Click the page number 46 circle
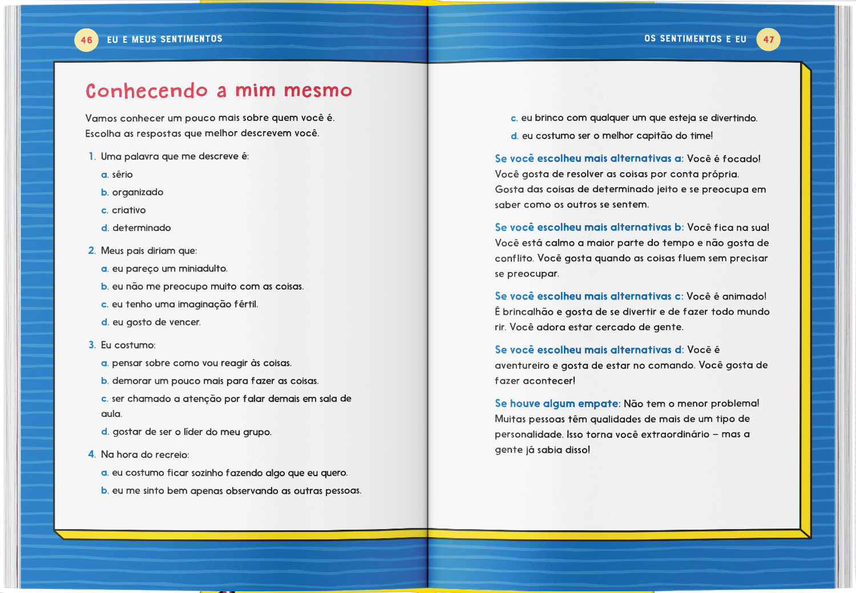click(86, 40)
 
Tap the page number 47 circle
click(768, 40)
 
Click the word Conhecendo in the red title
click(147, 91)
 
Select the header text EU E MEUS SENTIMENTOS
click(164, 39)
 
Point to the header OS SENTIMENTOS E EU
click(695, 39)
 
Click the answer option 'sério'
click(122, 174)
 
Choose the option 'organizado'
click(138, 192)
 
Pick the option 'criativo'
click(128, 210)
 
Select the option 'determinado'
click(142, 228)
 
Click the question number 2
click(92, 251)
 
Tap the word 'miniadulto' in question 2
click(203, 269)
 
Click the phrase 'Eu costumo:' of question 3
click(128, 345)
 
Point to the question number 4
click(92, 454)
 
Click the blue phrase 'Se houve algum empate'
click(557, 404)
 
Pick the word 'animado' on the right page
click(743, 296)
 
